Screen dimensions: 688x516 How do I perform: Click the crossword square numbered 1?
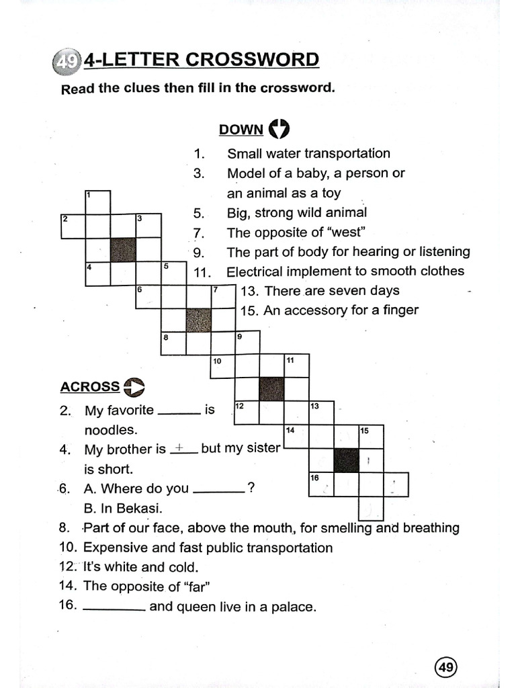pos(97,202)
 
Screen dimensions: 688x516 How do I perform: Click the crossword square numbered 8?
pos(173,343)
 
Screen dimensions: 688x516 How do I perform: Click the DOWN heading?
pos(241,130)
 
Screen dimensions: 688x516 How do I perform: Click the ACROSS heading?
pos(90,387)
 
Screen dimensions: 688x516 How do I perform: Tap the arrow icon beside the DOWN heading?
pos(278,128)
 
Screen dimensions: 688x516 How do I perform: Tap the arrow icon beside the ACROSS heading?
pos(134,386)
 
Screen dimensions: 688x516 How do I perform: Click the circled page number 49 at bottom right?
pos(446,667)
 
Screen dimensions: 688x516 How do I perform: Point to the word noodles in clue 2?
pos(110,429)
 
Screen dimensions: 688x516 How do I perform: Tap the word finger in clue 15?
pos(399,310)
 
